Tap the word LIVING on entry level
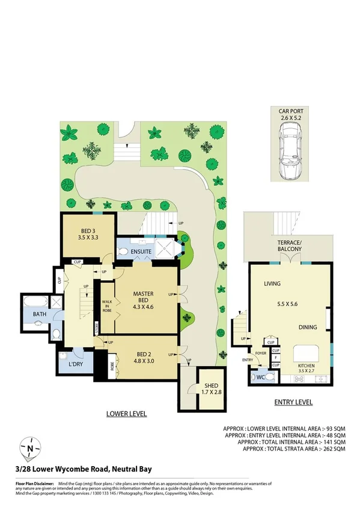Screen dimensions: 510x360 [x=273, y=283]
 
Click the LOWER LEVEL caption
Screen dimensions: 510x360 [x=126, y=414]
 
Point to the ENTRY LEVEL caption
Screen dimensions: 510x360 [x=293, y=402]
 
